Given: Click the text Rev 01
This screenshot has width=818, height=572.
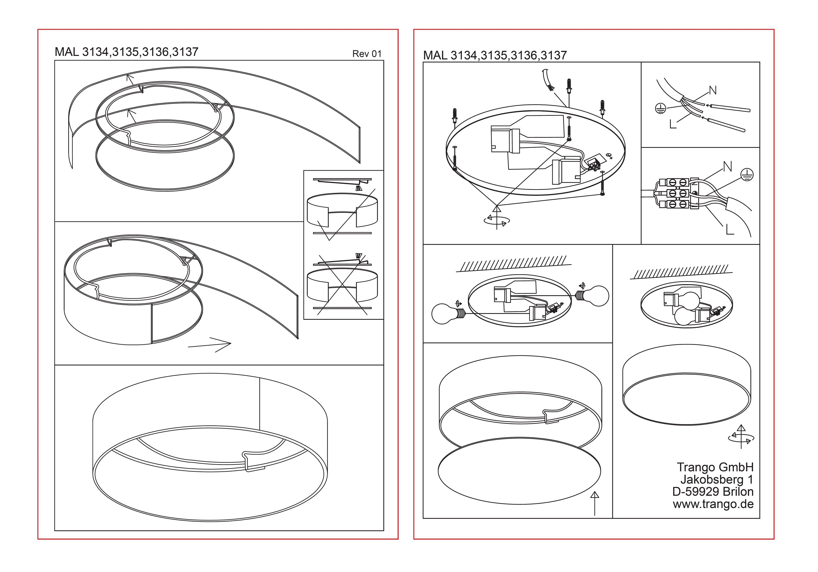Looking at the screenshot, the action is (367, 54).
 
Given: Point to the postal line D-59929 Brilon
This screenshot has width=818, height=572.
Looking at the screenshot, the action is (713, 492).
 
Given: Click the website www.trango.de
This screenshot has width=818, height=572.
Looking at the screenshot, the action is (713, 504).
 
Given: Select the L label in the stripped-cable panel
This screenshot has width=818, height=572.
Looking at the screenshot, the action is (673, 124).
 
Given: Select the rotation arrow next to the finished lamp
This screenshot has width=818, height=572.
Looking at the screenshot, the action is (741, 438).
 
